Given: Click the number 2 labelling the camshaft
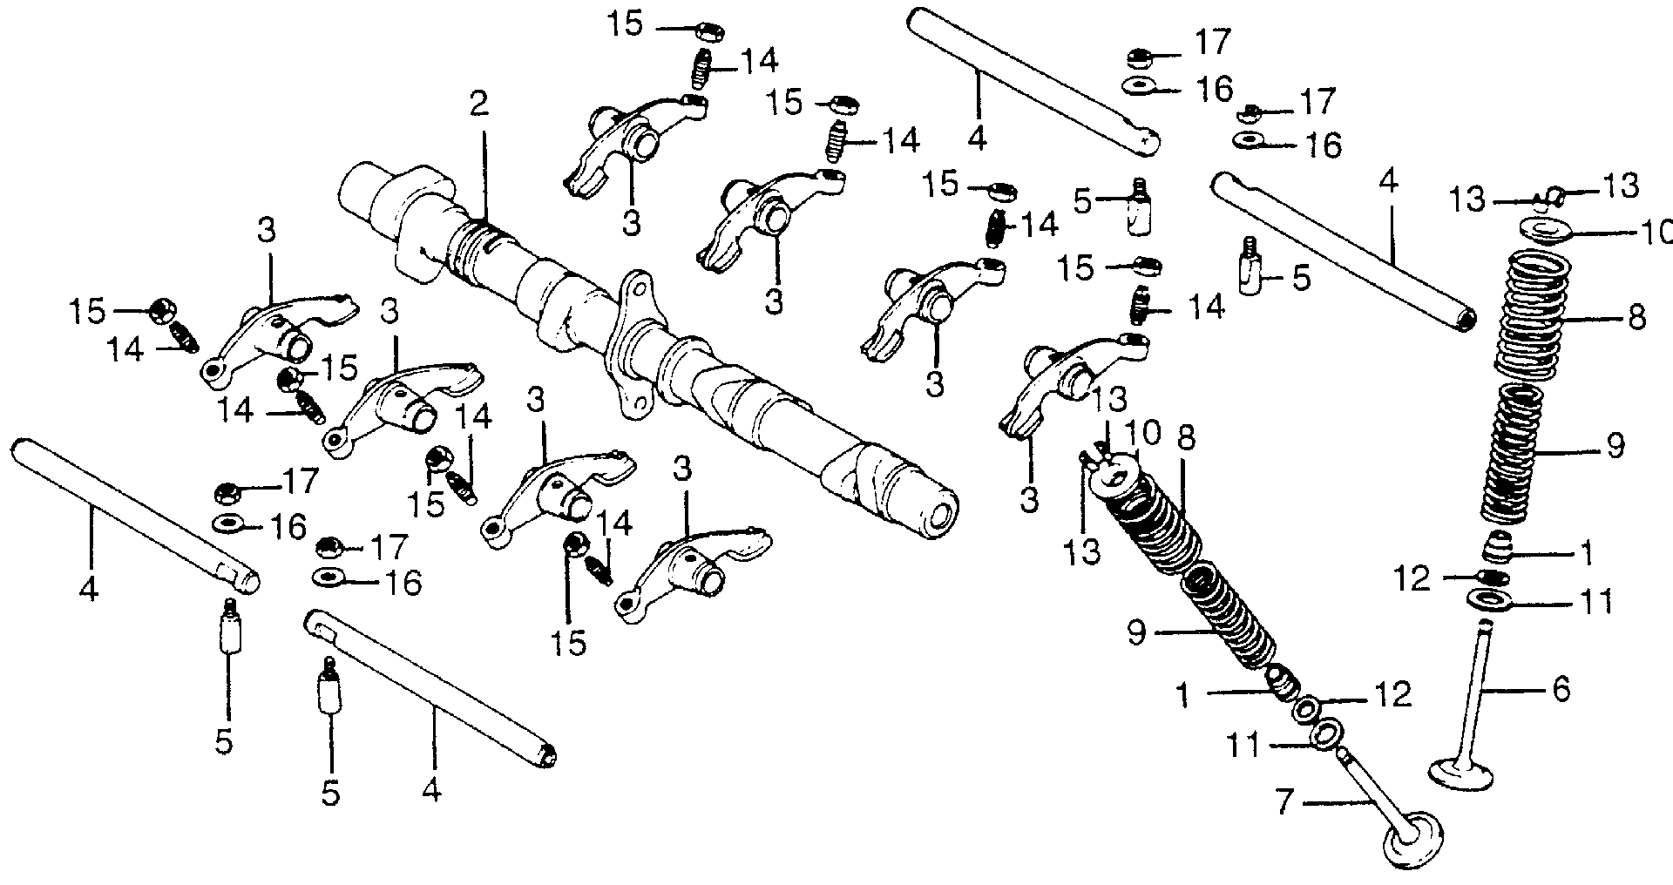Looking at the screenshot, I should pyautogui.click(x=479, y=105).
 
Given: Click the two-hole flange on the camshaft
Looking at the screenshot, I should pyautogui.click(x=635, y=345).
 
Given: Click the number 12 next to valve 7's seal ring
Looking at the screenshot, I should pyautogui.click(x=1392, y=694).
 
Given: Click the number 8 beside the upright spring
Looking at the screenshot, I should pyautogui.click(x=1636, y=316).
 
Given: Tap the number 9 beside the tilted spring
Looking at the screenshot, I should pyautogui.click(x=1135, y=632).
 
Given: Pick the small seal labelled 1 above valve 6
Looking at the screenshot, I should pyautogui.click(x=1497, y=550).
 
